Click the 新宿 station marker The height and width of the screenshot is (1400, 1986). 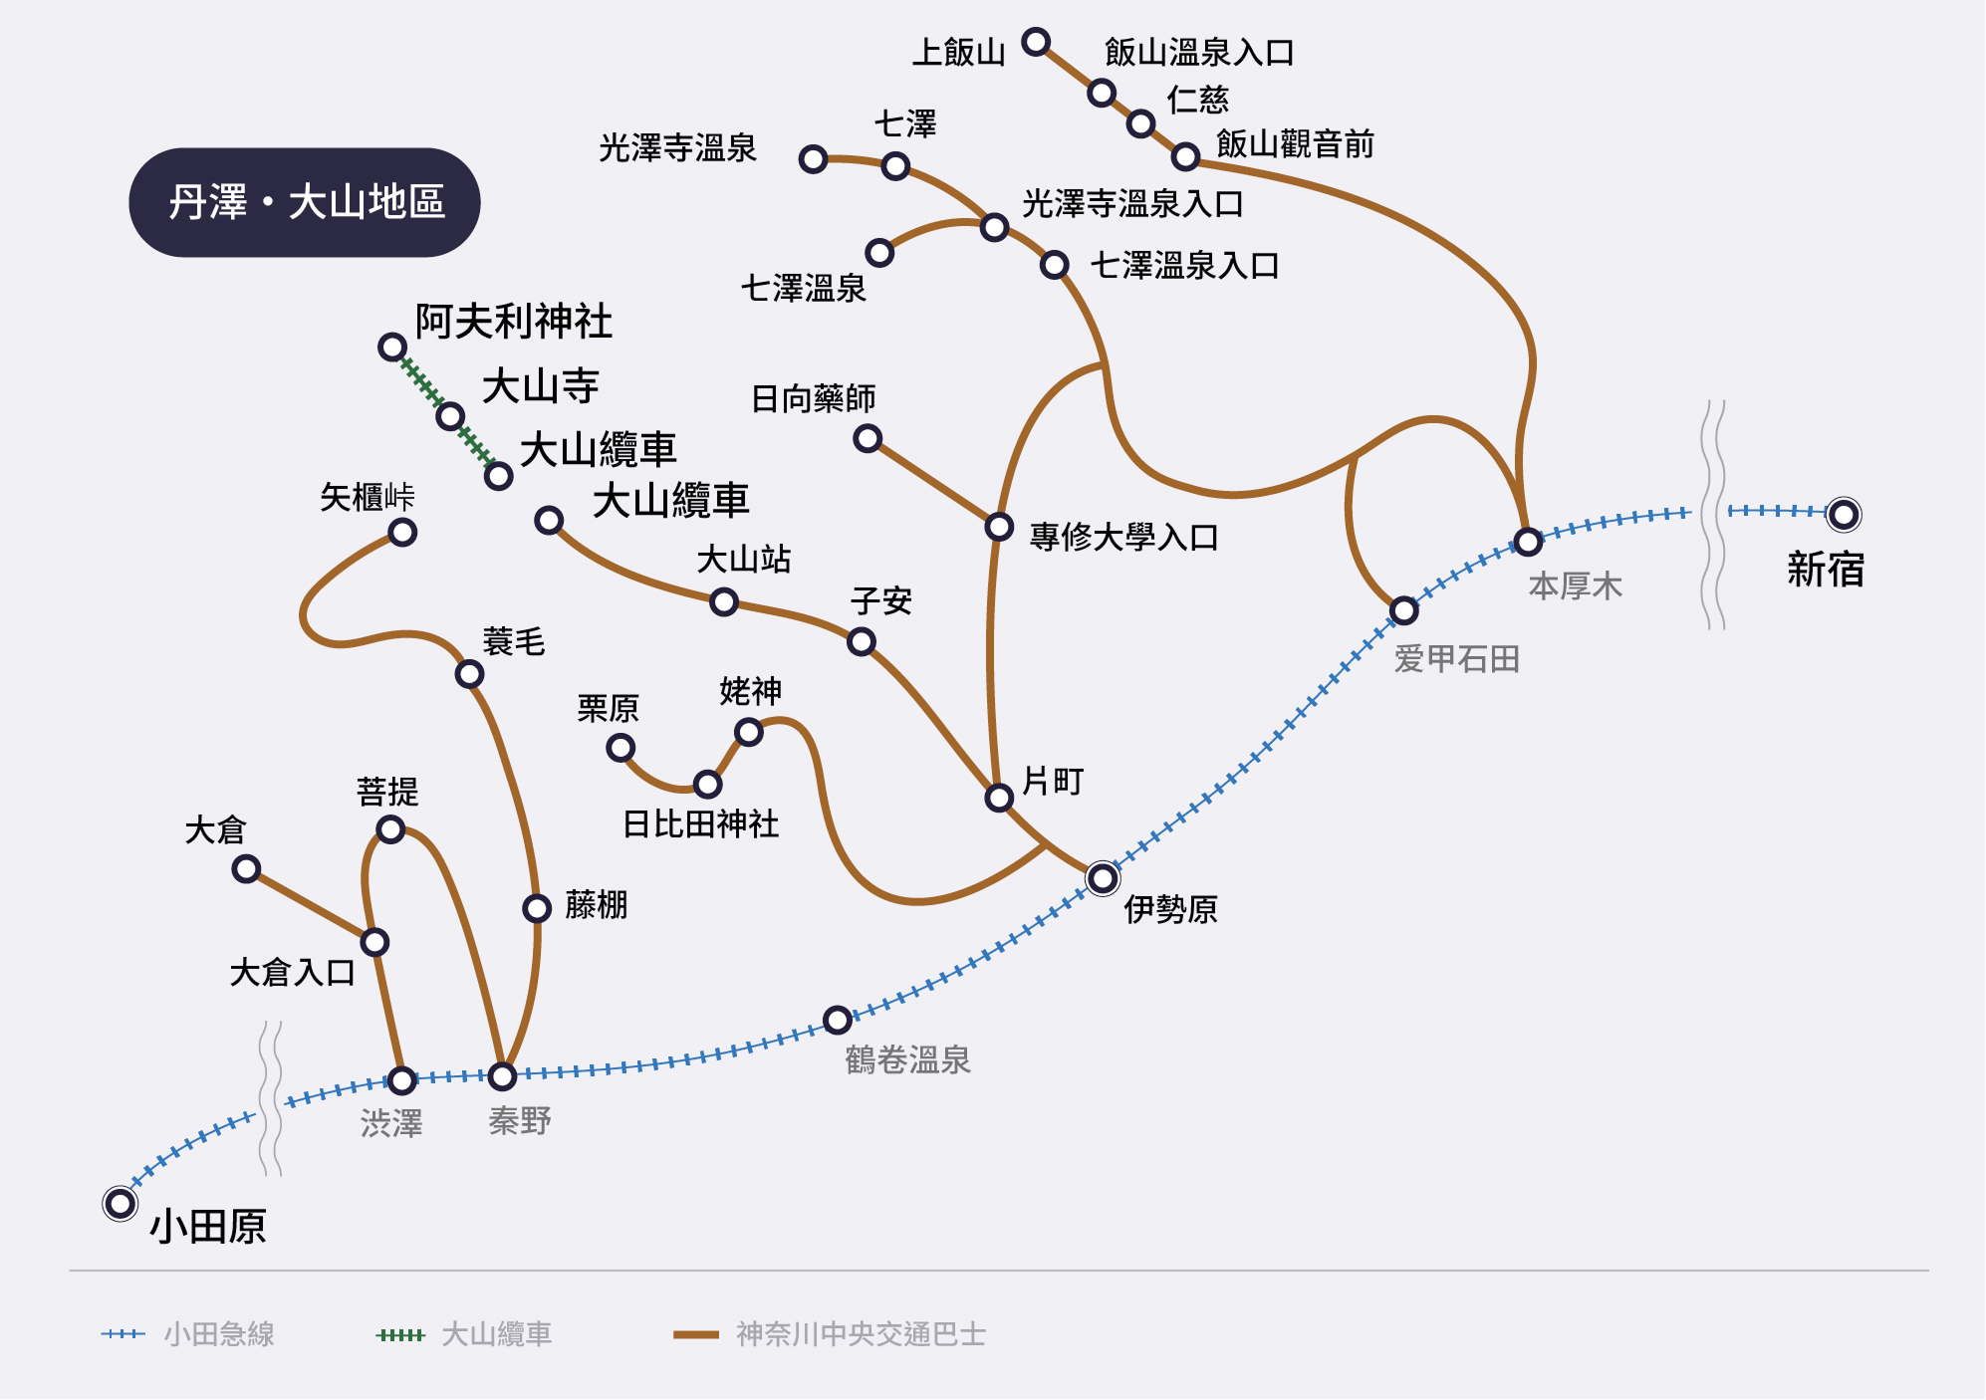pyautogui.click(x=1843, y=514)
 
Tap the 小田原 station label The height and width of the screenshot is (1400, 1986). pyautogui.click(x=208, y=1226)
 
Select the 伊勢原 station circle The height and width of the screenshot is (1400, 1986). pyautogui.click(x=1102, y=877)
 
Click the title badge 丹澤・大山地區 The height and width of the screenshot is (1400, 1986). pyautogui.click(x=305, y=202)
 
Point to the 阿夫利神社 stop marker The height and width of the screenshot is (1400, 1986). pyautogui.click(x=392, y=347)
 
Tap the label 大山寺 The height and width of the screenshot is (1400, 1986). pyautogui.click(x=540, y=386)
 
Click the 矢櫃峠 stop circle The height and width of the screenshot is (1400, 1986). pyautogui.click(x=402, y=532)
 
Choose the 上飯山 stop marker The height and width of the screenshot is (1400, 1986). pyautogui.click(x=1036, y=42)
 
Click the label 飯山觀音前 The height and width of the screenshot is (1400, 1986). pyautogui.click(x=1295, y=144)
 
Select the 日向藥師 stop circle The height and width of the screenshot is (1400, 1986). pyautogui.click(x=868, y=438)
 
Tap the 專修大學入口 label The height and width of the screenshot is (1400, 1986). pyautogui.click(x=1123, y=538)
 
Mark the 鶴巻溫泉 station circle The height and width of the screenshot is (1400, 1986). pyautogui.click(x=838, y=1020)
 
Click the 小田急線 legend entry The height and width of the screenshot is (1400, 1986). pyautogui.click(x=189, y=1334)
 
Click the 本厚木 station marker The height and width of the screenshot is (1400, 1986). pyautogui.click(x=1528, y=542)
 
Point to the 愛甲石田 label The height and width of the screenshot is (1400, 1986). pyautogui.click(x=1456, y=659)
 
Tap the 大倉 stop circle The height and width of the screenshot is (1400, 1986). pyautogui.click(x=246, y=868)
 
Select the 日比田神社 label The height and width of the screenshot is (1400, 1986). pyautogui.click(x=700, y=824)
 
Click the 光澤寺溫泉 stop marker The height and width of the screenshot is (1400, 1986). pyautogui.click(x=813, y=158)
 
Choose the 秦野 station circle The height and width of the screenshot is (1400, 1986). pyautogui.click(x=502, y=1075)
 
